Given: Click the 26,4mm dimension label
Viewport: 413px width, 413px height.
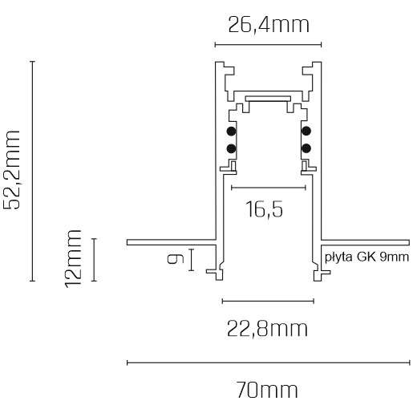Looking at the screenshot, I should click(268, 25).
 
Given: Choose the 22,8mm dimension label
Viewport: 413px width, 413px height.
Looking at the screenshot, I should click(268, 329).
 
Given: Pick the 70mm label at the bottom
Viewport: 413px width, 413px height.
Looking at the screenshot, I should click(268, 391).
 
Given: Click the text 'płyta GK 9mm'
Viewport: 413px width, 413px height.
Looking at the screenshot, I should click(366, 257).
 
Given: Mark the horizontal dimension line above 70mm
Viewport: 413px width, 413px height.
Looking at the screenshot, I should click(268, 363).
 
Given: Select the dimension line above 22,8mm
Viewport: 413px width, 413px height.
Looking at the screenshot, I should click(268, 302).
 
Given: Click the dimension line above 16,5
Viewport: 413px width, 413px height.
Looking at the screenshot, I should click(269, 187).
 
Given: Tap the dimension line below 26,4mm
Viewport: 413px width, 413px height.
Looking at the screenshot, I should click(268, 45).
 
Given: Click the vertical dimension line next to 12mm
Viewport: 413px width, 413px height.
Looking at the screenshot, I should click(94, 260).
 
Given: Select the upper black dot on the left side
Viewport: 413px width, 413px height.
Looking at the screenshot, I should click(231, 132).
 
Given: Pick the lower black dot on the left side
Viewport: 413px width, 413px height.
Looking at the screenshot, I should click(231, 148).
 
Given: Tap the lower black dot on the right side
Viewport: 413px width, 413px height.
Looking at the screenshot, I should click(306, 148).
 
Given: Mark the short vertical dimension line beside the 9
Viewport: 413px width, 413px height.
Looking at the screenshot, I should click(191, 260).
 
